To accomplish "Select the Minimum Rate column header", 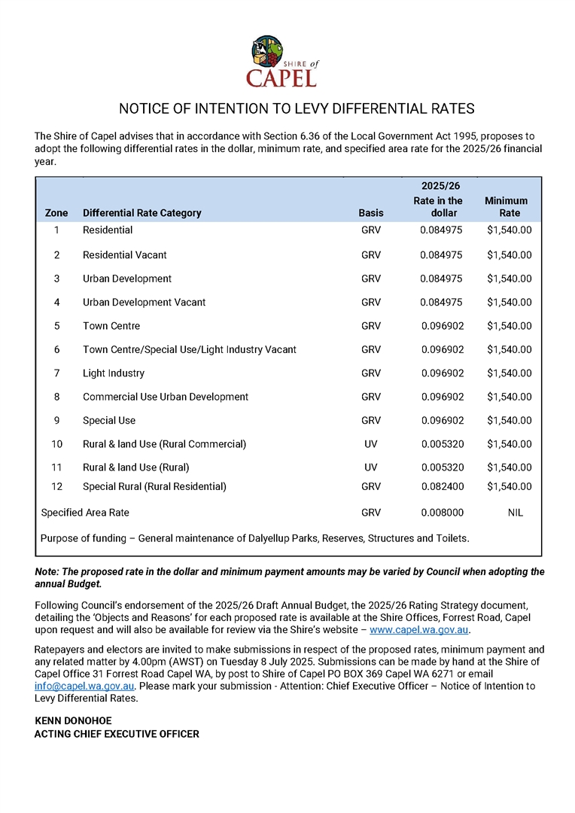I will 506,206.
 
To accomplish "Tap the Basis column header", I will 371,213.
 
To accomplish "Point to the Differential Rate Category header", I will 142,213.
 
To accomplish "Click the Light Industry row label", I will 114,373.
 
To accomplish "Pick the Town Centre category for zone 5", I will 111,326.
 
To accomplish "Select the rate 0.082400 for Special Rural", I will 442,487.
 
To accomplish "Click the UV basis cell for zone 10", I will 371,444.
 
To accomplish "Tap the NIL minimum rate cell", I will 516,513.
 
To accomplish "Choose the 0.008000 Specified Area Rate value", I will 442,513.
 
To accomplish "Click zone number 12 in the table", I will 56,487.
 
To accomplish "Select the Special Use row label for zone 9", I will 109,421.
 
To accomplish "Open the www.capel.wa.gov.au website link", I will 418,630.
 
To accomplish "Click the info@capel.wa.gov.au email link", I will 85,687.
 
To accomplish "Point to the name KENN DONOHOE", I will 73,721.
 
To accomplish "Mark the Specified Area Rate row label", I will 85,513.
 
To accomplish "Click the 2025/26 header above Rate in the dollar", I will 440,186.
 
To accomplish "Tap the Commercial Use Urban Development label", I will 166,397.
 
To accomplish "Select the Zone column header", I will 56,213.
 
